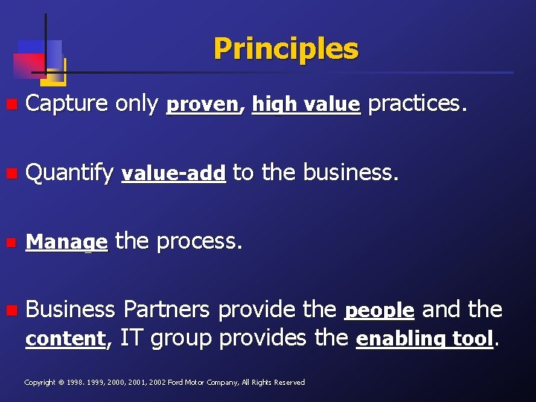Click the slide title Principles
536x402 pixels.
pyautogui.click(x=286, y=49)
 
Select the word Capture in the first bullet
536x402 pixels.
pyautogui.click(x=67, y=104)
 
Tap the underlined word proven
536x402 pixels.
pyautogui.click(x=202, y=105)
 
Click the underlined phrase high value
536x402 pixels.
pyautogui.click(x=306, y=105)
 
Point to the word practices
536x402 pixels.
pyautogui.click(x=418, y=104)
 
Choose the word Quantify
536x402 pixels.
pyautogui.click(x=69, y=173)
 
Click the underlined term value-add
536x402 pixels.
pyautogui.click(x=173, y=174)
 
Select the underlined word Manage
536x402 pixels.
pyautogui.click(x=67, y=243)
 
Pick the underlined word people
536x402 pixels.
pyautogui.click(x=380, y=310)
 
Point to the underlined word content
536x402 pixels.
pyautogui.click(x=66, y=339)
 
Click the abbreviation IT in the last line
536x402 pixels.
pyautogui.click(x=131, y=338)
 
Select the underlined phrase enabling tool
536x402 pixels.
pyautogui.click(x=424, y=339)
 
